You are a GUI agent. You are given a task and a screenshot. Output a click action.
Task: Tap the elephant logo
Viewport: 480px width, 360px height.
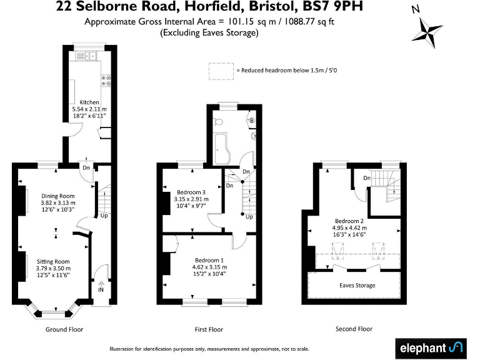click(x=431, y=347)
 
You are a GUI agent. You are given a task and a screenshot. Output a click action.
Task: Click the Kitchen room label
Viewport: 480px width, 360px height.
click(x=89, y=102)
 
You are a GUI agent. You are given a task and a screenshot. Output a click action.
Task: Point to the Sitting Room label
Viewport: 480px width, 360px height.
click(x=55, y=261)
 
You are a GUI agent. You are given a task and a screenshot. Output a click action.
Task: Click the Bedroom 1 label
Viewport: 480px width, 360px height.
click(x=207, y=260)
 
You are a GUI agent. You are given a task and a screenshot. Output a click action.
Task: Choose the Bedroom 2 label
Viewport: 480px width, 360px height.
click(x=349, y=221)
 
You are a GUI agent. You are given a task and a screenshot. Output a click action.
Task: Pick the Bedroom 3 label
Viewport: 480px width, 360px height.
click(x=191, y=192)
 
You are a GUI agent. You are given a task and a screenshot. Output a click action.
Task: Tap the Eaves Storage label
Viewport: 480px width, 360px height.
click(x=357, y=285)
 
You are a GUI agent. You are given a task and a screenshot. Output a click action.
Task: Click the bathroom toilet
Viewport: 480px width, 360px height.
click(x=218, y=121)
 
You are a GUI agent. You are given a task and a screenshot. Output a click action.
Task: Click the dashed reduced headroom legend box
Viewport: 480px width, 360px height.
click(x=219, y=71)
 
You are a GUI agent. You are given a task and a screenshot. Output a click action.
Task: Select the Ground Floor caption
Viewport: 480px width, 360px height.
click(x=64, y=329)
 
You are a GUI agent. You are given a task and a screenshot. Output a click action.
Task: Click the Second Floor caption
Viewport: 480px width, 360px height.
click(x=354, y=329)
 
